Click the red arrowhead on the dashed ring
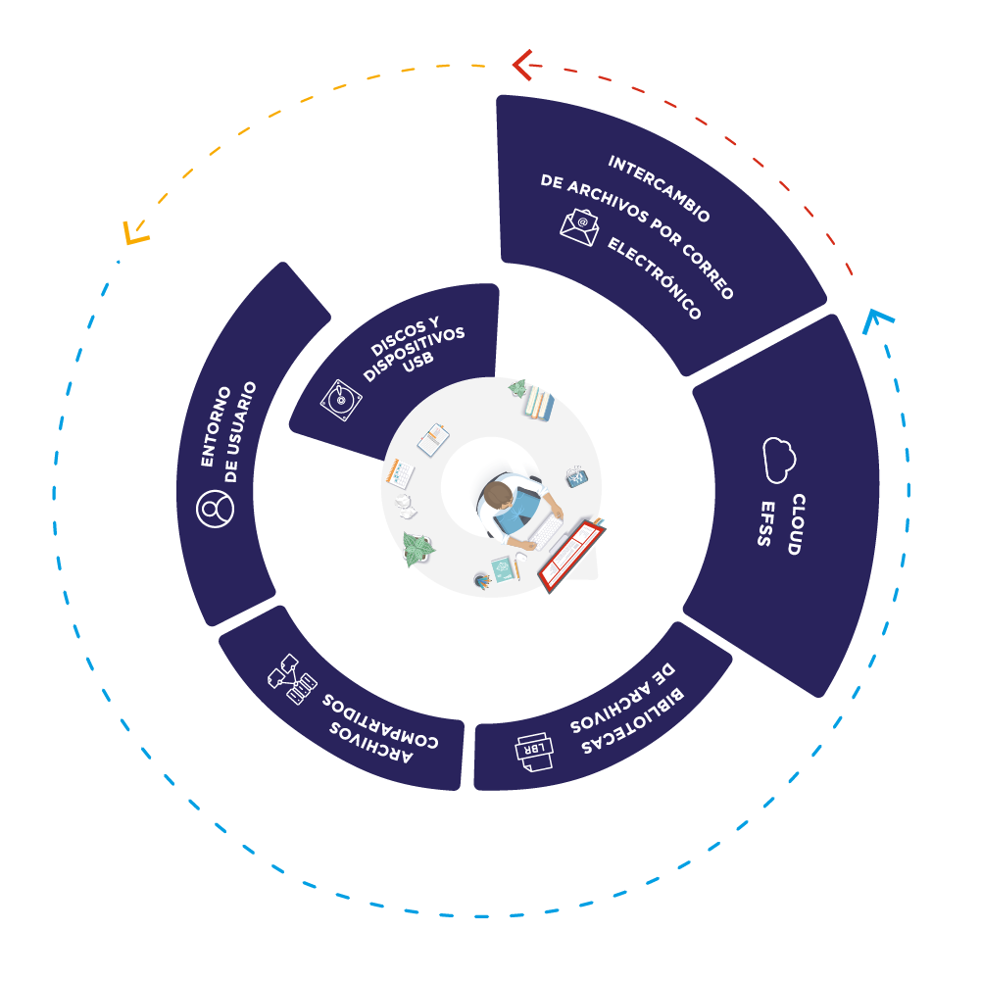click(x=522, y=65)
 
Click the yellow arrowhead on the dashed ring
click(x=134, y=233)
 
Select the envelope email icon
click(x=579, y=226)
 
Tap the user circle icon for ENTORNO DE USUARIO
click(x=216, y=509)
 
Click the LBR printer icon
click(x=535, y=751)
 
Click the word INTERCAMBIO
click(x=659, y=189)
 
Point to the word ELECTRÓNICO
click(x=655, y=278)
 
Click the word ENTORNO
click(x=217, y=425)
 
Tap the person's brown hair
click(x=499, y=493)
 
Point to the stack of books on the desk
click(x=538, y=403)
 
